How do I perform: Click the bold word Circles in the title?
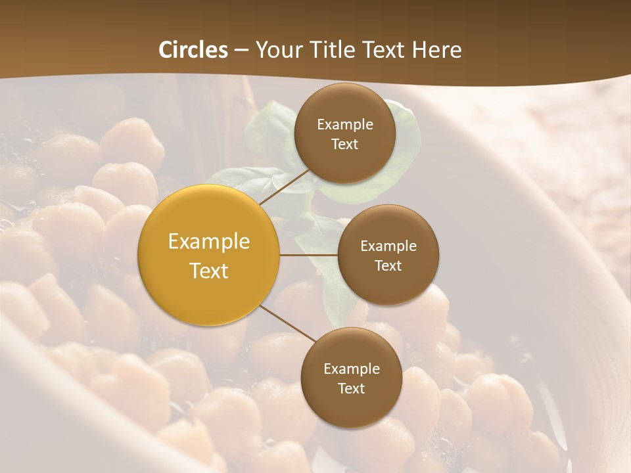(x=193, y=50)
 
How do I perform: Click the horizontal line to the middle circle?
(x=308, y=255)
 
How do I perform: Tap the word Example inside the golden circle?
(x=209, y=242)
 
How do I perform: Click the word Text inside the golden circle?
(x=209, y=271)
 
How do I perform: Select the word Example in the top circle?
(x=345, y=125)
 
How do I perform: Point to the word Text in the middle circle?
(x=388, y=265)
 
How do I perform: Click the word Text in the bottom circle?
(x=351, y=389)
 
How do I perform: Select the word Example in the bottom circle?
(x=351, y=369)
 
